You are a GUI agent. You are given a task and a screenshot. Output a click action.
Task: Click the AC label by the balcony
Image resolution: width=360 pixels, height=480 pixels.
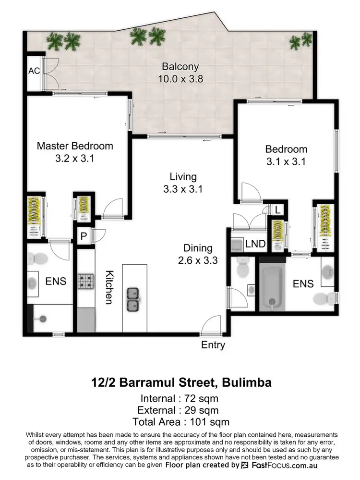point(34,71)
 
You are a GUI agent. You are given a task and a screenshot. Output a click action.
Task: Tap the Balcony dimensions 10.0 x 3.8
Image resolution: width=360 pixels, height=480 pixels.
point(180,79)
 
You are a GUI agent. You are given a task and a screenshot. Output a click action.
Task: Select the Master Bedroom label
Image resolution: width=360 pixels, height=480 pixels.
point(75,146)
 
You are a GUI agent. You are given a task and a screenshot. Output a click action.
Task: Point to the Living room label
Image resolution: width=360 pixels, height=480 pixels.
point(182,177)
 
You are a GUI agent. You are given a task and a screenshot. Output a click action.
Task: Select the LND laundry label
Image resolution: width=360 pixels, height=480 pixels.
point(255,244)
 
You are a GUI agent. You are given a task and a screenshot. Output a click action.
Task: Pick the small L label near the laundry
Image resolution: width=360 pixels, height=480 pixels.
point(278,209)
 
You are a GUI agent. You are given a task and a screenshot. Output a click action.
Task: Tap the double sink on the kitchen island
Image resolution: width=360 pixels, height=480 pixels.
point(133,299)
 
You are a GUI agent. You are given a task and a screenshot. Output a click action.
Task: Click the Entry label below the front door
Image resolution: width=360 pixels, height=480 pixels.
point(213,345)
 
